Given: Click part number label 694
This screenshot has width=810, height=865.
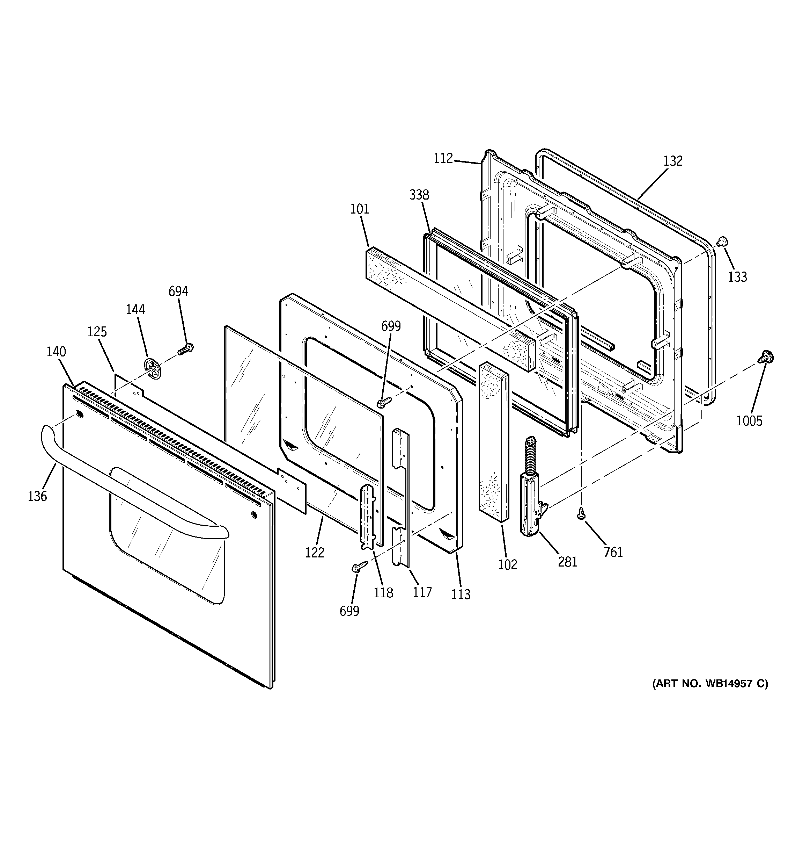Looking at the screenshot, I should pyautogui.click(x=178, y=291).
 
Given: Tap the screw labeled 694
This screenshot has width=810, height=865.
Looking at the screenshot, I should pyautogui.click(x=186, y=348).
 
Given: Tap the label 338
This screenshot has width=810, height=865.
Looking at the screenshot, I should pyautogui.click(x=419, y=195).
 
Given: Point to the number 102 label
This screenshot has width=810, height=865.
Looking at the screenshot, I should pyautogui.click(x=507, y=564).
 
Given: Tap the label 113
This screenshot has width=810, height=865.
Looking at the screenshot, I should pyautogui.click(x=461, y=594).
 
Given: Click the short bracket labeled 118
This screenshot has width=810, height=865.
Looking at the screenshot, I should pyautogui.click(x=367, y=516).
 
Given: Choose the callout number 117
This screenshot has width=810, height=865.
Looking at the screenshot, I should pyautogui.click(x=422, y=592).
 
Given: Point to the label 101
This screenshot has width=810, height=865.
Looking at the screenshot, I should pyautogui.click(x=360, y=209).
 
